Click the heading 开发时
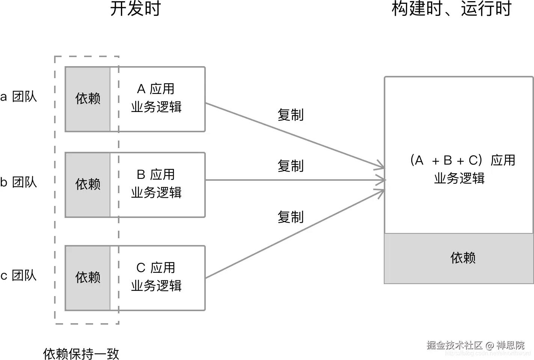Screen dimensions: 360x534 point(135,9)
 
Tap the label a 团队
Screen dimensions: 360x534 point(19,97)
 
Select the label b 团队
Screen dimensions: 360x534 point(19,182)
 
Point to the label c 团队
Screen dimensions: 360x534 point(19,275)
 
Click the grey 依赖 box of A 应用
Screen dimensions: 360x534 point(88,99)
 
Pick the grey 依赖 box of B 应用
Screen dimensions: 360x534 point(88,185)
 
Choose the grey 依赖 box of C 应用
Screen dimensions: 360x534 point(88,278)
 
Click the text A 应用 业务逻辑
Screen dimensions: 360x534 point(156,98)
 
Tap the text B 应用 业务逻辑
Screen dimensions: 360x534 point(156,184)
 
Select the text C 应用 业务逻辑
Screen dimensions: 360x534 point(156,277)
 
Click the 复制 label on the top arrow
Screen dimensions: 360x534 point(290,115)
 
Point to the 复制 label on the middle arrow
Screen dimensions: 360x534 point(290,166)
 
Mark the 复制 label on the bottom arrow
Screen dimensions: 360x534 point(290,217)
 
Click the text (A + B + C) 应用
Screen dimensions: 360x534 point(462,160)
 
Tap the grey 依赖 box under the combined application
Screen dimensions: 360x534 point(459,258)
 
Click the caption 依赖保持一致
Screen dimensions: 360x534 point(81,354)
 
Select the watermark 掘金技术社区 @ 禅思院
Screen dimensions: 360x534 point(475,345)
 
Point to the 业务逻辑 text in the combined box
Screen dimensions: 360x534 point(459,178)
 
